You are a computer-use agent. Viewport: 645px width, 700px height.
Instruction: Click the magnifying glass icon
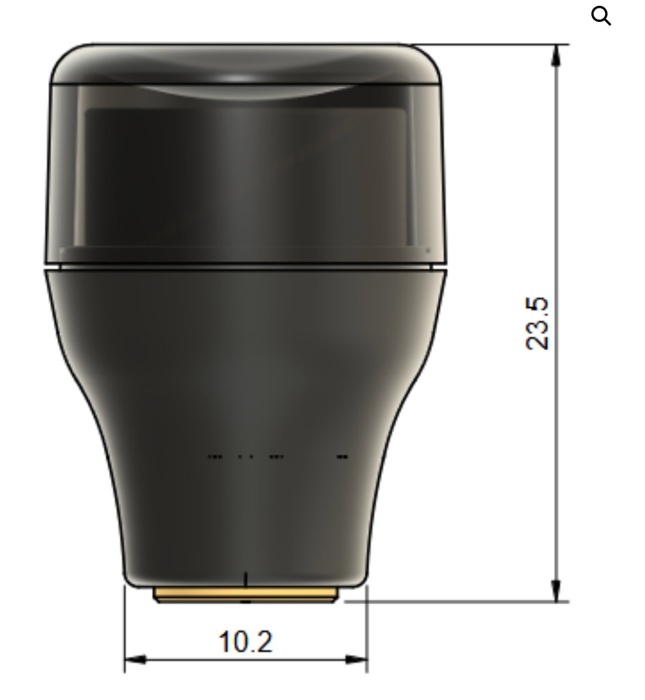[x=600, y=16]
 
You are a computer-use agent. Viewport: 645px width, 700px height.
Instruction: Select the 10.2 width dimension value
[x=245, y=642]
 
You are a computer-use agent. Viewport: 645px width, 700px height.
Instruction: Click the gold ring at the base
[x=245, y=595]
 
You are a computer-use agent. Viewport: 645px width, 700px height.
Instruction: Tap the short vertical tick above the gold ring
[x=245, y=579]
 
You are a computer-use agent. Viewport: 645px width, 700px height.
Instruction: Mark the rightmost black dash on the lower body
[x=342, y=457]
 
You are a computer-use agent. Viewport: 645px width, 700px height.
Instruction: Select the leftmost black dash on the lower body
[x=215, y=457]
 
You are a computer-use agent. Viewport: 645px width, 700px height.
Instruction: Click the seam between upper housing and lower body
[x=245, y=265]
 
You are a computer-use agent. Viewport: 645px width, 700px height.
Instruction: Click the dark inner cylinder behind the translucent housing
[x=245, y=174]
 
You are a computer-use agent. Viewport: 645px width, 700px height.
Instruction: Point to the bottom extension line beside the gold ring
[x=451, y=601]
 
